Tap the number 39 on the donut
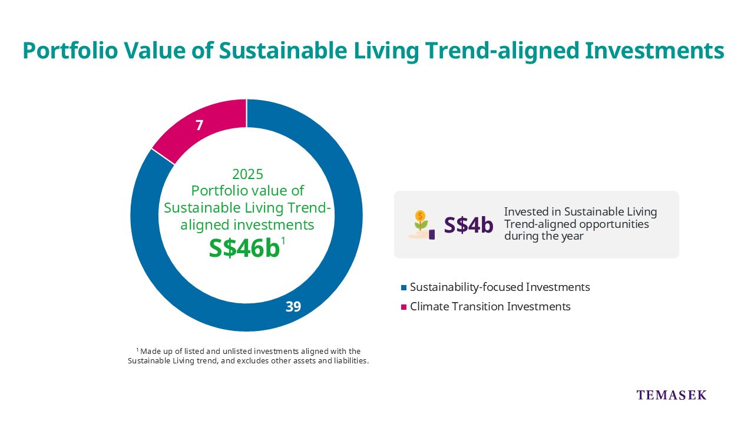pyautogui.click(x=293, y=306)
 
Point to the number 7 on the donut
pyautogui.click(x=200, y=125)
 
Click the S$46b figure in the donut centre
pyautogui.click(x=244, y=249)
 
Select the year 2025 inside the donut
pyautogui.click(x=247, y=174)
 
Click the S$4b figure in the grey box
pyautogui.click(x=468, y=225)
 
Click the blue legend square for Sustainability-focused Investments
pyautogui.click(x=404, y=287)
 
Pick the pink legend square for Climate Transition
pyautogui.click(x=404, y=307)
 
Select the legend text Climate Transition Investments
pyautogui.click(x=490, y=306)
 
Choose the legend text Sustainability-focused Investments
pyautogui.click(x=500, y=287)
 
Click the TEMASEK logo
pyautogui.click(x=671, y=395)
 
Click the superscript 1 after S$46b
pyautogui.click(x=283, y=240)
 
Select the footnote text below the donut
pyautogui.click(x=248, y=356)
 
